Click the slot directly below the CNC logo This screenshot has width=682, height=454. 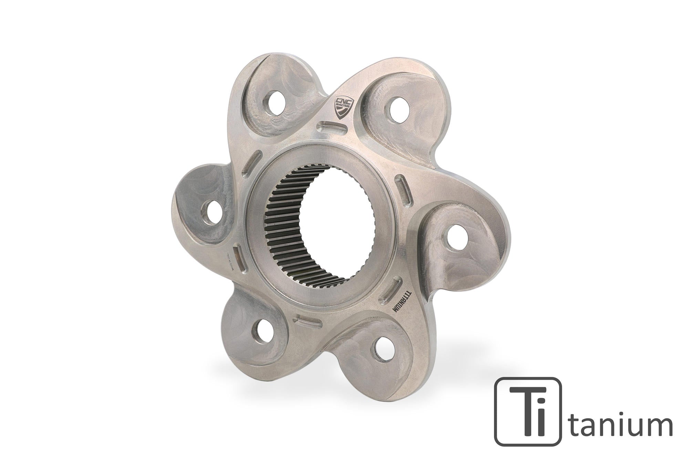[331, 127]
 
